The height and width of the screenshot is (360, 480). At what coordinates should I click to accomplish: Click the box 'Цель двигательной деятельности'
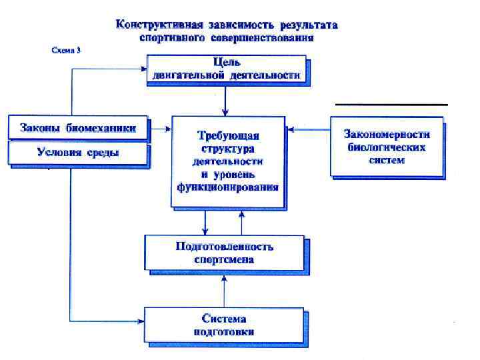tap(226, 69)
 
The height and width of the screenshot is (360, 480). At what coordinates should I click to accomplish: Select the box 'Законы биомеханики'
tap(77, 129)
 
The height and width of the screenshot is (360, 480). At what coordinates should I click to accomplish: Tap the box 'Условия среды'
tap(77, 153)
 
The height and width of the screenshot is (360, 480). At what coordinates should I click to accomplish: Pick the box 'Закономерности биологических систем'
tap(386, 147)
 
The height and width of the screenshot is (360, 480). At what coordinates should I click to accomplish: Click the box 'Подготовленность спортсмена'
tap(224, 253)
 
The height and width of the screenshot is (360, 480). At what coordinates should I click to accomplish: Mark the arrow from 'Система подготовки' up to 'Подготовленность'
tap(224, 289)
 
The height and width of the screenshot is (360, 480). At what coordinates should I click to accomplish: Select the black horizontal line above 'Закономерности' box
tap(391, 105)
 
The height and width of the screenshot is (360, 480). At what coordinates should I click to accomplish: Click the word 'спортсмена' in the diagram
tap(224, 259)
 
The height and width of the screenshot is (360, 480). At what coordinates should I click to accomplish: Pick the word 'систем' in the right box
tap(386, 160)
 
